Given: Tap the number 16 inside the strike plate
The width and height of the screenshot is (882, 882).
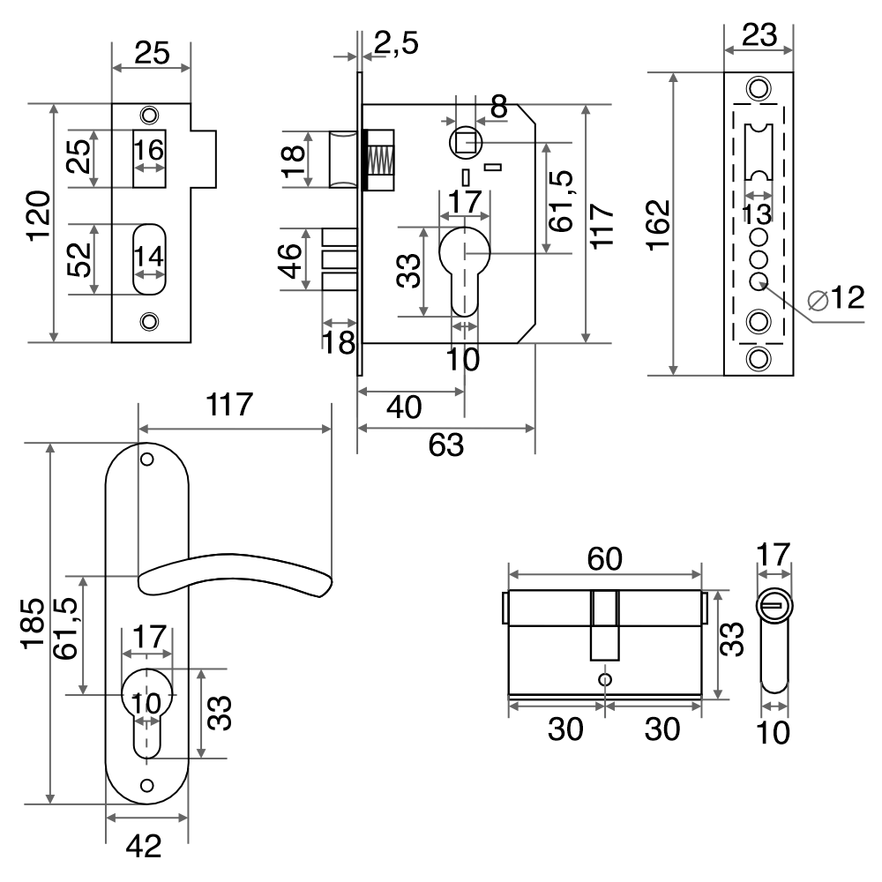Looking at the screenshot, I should pyautogui.click(x=150, y=150).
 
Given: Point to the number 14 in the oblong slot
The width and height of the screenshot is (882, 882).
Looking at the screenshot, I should pyautogui.click(x=149, y=258).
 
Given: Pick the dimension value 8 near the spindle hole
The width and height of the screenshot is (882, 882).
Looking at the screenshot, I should pyautogui.click(x=498, y=108).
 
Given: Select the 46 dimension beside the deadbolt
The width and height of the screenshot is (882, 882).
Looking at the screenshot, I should pyautogui.click(x=290, y=259).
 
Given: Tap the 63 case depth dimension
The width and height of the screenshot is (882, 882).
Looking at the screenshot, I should pyautogui.click(x=445, y=445).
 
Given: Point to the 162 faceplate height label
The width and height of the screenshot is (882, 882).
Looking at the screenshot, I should pyautogui.click(x=658, y=226).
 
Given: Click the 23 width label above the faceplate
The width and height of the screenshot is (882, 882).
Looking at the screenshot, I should pyautogui.click(x=759, y=35).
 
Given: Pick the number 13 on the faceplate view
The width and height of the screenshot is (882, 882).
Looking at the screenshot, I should pyautogui.click(x=757, y=213).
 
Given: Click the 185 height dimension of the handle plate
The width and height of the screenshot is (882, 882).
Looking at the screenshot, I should pyautogui.click(x=34, y=624).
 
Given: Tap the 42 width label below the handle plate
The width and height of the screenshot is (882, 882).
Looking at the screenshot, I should pyautogui.click(x=144, y=847).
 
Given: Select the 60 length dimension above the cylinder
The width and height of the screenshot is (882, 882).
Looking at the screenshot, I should pyautogui.click(x=604, y=557).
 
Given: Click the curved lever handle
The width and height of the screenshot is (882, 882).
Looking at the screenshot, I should pyautogui.click(x=238, y=573).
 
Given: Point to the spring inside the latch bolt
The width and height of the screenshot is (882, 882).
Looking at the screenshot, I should pyautogui.click(x=379, y=160).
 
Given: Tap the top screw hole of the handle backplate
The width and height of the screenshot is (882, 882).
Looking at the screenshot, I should pyautogui.click(x=147, y=460).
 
